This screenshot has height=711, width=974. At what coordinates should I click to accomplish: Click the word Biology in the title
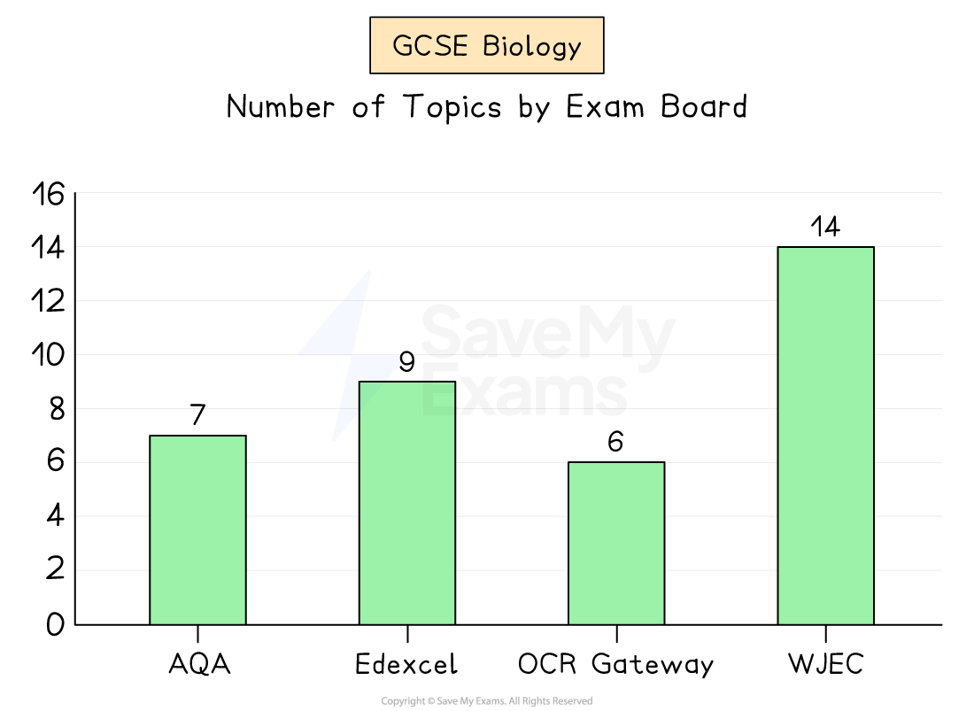pyautogui.click(x=532, y=47)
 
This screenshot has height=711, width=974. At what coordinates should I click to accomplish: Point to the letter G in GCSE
pyautogui.click(x=403, y=46)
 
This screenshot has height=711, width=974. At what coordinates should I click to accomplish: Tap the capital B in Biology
pyautogui.click(x=491, y=46)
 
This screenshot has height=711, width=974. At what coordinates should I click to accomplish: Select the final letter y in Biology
pyautogui.click(x=574, y=50)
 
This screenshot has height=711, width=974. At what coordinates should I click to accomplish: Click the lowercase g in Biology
pyautogui.click(x=557, y=50)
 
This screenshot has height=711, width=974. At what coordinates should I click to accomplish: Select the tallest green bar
pyautogui.click(x=825, y=436)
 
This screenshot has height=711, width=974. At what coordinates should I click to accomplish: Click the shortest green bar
pyautogui.click(x=616, y=544)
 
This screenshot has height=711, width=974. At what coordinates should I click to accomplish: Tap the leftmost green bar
pyautogui.click(x=197, y=530)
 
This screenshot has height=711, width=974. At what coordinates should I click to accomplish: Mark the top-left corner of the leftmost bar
pyautogui.click(x=151, y=437)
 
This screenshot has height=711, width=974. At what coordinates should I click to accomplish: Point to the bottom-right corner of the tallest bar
pyautogui.click(x=872, y=623)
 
